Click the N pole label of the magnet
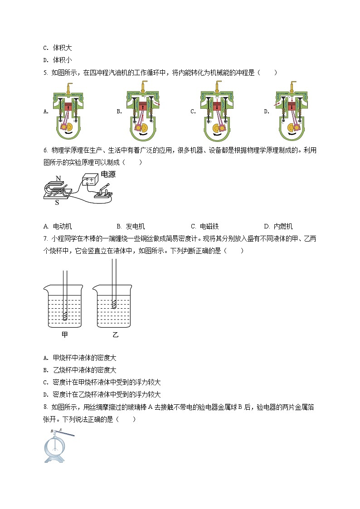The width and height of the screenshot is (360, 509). click(x=58, y=178)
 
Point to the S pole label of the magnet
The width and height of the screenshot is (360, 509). click(x=57, y=203)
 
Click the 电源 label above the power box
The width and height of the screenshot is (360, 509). click(x=108, y=174)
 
